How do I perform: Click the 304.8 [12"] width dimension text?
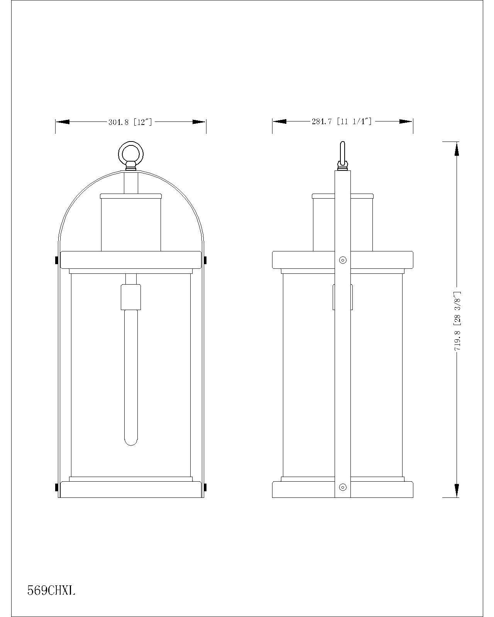point(130,122)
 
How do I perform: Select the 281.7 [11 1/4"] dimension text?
point(342,121)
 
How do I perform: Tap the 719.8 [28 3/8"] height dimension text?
point(458,320)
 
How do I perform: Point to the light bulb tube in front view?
point(131,378)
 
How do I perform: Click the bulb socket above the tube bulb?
point(131,297)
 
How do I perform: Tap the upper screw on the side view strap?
point(342,260)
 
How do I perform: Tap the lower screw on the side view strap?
point(342,487)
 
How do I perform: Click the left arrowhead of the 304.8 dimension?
point(63,122)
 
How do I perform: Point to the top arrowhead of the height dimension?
point(457,148)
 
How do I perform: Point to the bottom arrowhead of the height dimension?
point(457,491)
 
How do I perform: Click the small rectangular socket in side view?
point(342,297)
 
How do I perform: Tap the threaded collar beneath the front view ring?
point(131,167)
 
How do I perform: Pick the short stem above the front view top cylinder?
point(131,183)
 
